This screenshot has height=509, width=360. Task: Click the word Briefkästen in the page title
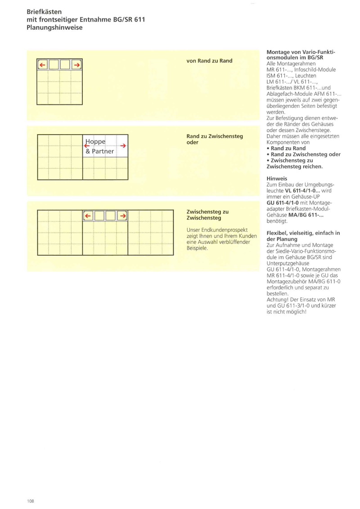43,11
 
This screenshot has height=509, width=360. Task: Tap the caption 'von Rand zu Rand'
209,60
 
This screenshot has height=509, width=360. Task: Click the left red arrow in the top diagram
42,65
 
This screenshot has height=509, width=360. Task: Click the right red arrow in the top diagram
77,65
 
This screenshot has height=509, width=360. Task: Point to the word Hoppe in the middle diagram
95,142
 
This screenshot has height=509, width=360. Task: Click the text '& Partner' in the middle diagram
99,152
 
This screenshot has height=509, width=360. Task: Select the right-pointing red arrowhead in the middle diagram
123,145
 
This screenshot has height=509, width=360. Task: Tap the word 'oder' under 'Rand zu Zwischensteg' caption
193,142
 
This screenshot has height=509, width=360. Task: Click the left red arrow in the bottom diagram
88,216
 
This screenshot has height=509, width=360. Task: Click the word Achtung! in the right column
278,299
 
